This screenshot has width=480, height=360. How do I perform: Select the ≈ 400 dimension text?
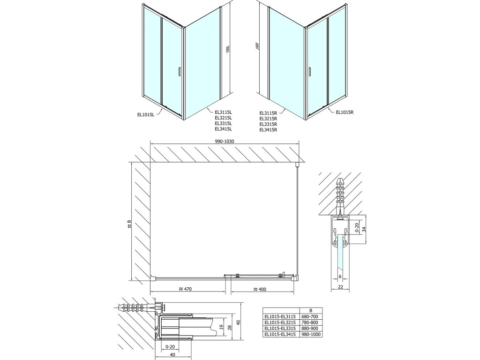click(x=256, y=289)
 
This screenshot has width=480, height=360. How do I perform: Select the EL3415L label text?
click(x=224, y=129)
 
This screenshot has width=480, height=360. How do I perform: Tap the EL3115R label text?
click(x=269, y=112)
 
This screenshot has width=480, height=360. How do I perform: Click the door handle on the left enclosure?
click(x=179, y=71)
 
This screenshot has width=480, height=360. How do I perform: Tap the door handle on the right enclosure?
click(x=310, y=71)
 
